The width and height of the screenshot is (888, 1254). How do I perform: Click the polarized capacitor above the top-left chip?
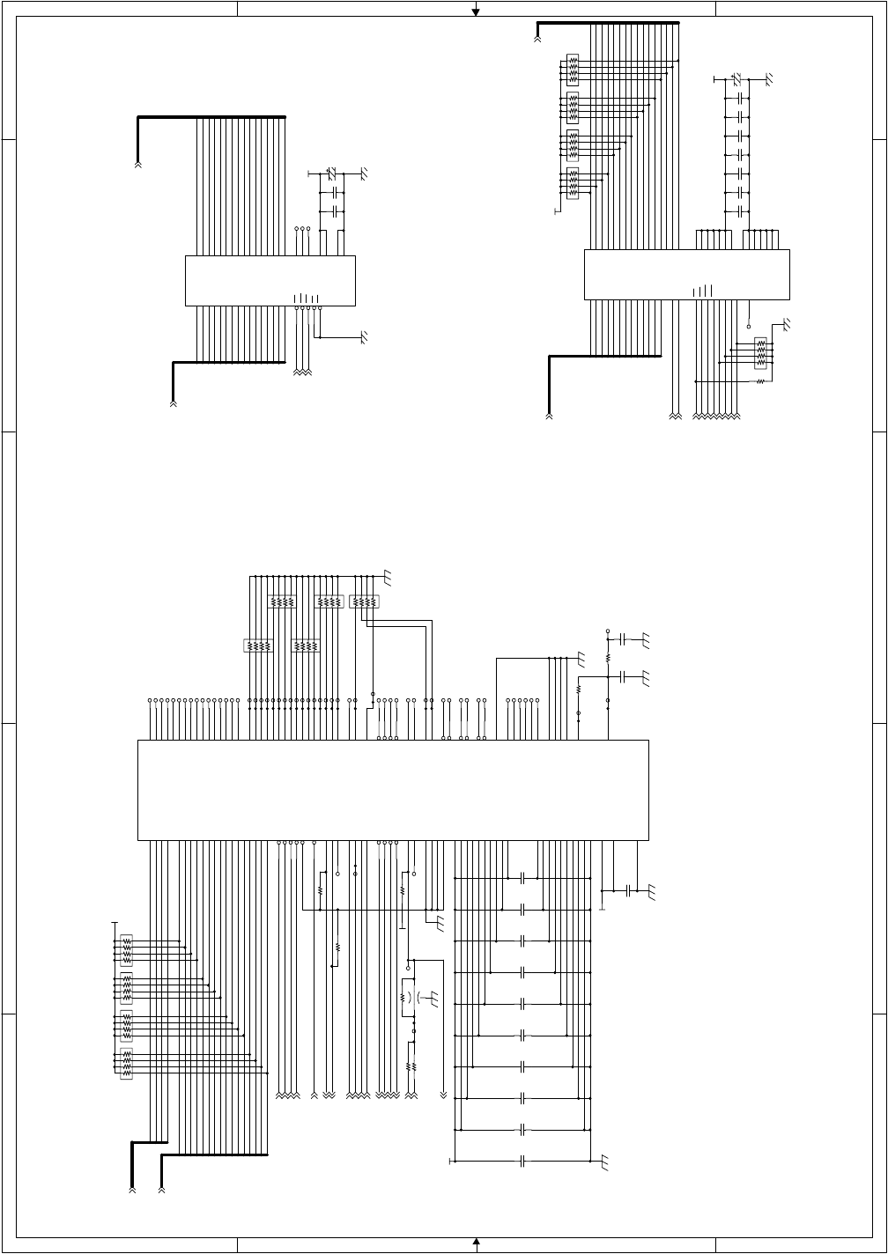pos(332,173)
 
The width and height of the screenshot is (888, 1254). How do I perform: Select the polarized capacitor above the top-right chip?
pos(737,79)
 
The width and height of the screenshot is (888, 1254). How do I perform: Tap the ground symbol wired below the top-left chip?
pos(363,336)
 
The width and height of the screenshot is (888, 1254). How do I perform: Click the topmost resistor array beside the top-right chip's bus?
pos(573,70)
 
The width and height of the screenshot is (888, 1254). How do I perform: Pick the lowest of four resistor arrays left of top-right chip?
pos(573,183)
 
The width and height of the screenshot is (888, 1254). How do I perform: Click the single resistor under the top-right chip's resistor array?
pos(760,381)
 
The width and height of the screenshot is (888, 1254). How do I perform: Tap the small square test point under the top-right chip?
pos(749,326)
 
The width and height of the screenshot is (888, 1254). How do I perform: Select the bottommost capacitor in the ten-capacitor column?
pos(523,1162)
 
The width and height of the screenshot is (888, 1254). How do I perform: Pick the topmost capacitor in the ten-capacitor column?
pos(523,878)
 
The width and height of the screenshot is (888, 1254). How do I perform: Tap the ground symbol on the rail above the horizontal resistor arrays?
pos(387,578)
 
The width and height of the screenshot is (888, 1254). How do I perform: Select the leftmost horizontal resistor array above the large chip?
pos(258,645)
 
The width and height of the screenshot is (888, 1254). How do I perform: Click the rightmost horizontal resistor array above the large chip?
pos(364,602)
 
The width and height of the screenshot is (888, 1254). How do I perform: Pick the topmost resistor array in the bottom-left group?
pos(126,949)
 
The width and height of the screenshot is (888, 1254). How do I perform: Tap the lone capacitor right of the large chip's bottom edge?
pos(627,891)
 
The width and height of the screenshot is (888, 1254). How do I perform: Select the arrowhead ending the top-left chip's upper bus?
pos(137,164)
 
